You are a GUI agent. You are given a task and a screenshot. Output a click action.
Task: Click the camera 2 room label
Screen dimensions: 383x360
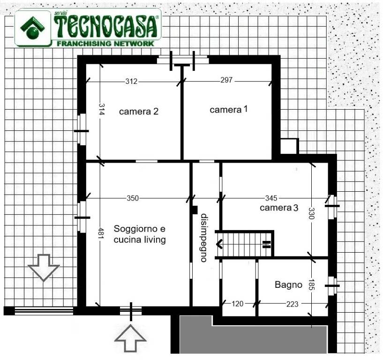click(139, 112)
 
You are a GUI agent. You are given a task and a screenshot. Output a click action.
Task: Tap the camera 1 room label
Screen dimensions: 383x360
click(229, 109)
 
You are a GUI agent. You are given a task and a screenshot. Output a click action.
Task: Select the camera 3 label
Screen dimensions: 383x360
click(279, 208)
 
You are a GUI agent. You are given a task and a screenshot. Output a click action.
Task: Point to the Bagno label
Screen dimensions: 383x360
click(288, 285)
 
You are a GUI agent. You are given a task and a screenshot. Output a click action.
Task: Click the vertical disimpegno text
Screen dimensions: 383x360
click(204, 238)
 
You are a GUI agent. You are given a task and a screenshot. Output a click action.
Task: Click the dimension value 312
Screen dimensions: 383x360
click(131, 81)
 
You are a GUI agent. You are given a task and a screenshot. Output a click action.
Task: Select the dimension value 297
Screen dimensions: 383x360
click(226, 80)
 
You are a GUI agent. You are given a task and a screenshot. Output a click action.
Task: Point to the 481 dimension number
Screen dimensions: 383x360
click(102, 233)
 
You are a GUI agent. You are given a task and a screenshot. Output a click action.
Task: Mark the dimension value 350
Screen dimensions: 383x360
click(133, 198)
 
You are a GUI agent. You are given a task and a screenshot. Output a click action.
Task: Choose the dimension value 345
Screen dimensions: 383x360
click(271, 198)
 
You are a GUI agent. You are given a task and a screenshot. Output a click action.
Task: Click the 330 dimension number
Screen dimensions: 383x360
click(311, 213)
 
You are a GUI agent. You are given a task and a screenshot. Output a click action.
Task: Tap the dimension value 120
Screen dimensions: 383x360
click(237, 304)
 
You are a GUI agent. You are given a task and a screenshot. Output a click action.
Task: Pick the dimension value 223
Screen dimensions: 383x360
click(292, 304)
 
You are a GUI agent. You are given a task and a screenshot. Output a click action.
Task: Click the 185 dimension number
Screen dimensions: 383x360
click(311, 285)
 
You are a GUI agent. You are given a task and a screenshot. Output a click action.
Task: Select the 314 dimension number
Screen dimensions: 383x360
click(102, 109)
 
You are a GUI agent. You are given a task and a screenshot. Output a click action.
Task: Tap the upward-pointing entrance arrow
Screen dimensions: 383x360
click(130, 338)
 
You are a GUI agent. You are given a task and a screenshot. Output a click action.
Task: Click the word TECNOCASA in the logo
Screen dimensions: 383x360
click(105, 27)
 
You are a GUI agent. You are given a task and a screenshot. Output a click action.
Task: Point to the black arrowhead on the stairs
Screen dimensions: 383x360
click(219, 244)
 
